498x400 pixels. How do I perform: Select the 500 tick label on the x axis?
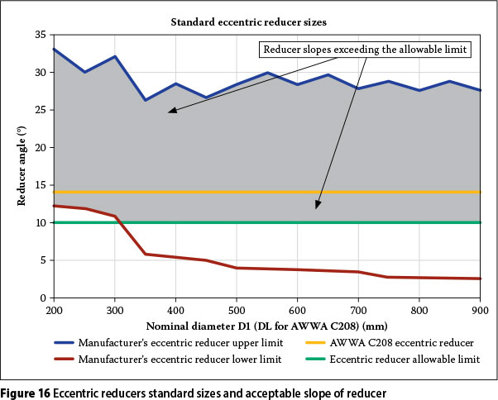tap(237, 311)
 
